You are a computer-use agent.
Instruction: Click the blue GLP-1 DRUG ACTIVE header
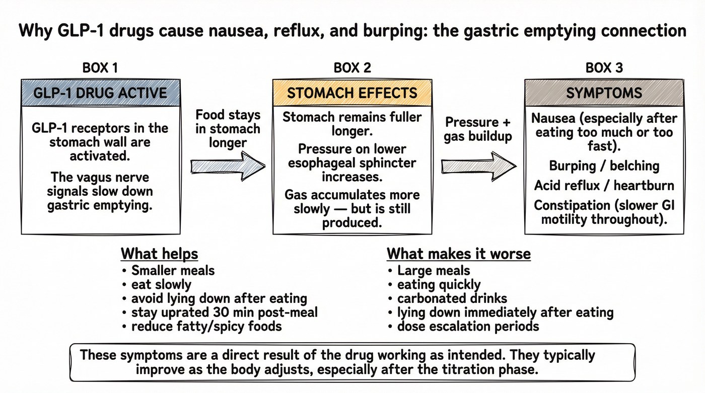click(x=100, y=93)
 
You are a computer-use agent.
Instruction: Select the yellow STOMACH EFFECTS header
click(x=352, y=93)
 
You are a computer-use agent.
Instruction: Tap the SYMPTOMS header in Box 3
click(x=604, y=93)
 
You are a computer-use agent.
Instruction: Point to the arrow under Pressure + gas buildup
click(x=479, y=166)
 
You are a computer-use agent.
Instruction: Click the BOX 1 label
click(x=100, y=68)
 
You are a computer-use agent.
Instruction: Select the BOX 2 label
click(x=352, y=68)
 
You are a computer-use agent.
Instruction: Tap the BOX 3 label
click(x=604, y=68)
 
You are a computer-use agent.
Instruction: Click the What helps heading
click(x=160, y=253)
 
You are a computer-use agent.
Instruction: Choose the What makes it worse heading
click(x=458, y=253)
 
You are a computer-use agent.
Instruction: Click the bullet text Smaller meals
click(x=173, y=270)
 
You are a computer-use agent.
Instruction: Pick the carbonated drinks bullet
click(x=452, y=298)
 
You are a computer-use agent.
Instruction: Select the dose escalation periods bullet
click(x=468, y=326)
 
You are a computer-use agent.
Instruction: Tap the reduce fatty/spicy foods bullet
click(x=206, y=326)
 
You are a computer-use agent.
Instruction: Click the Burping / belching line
click(x=604, y=166)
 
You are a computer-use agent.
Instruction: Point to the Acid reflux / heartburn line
click(x=604, y=185)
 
